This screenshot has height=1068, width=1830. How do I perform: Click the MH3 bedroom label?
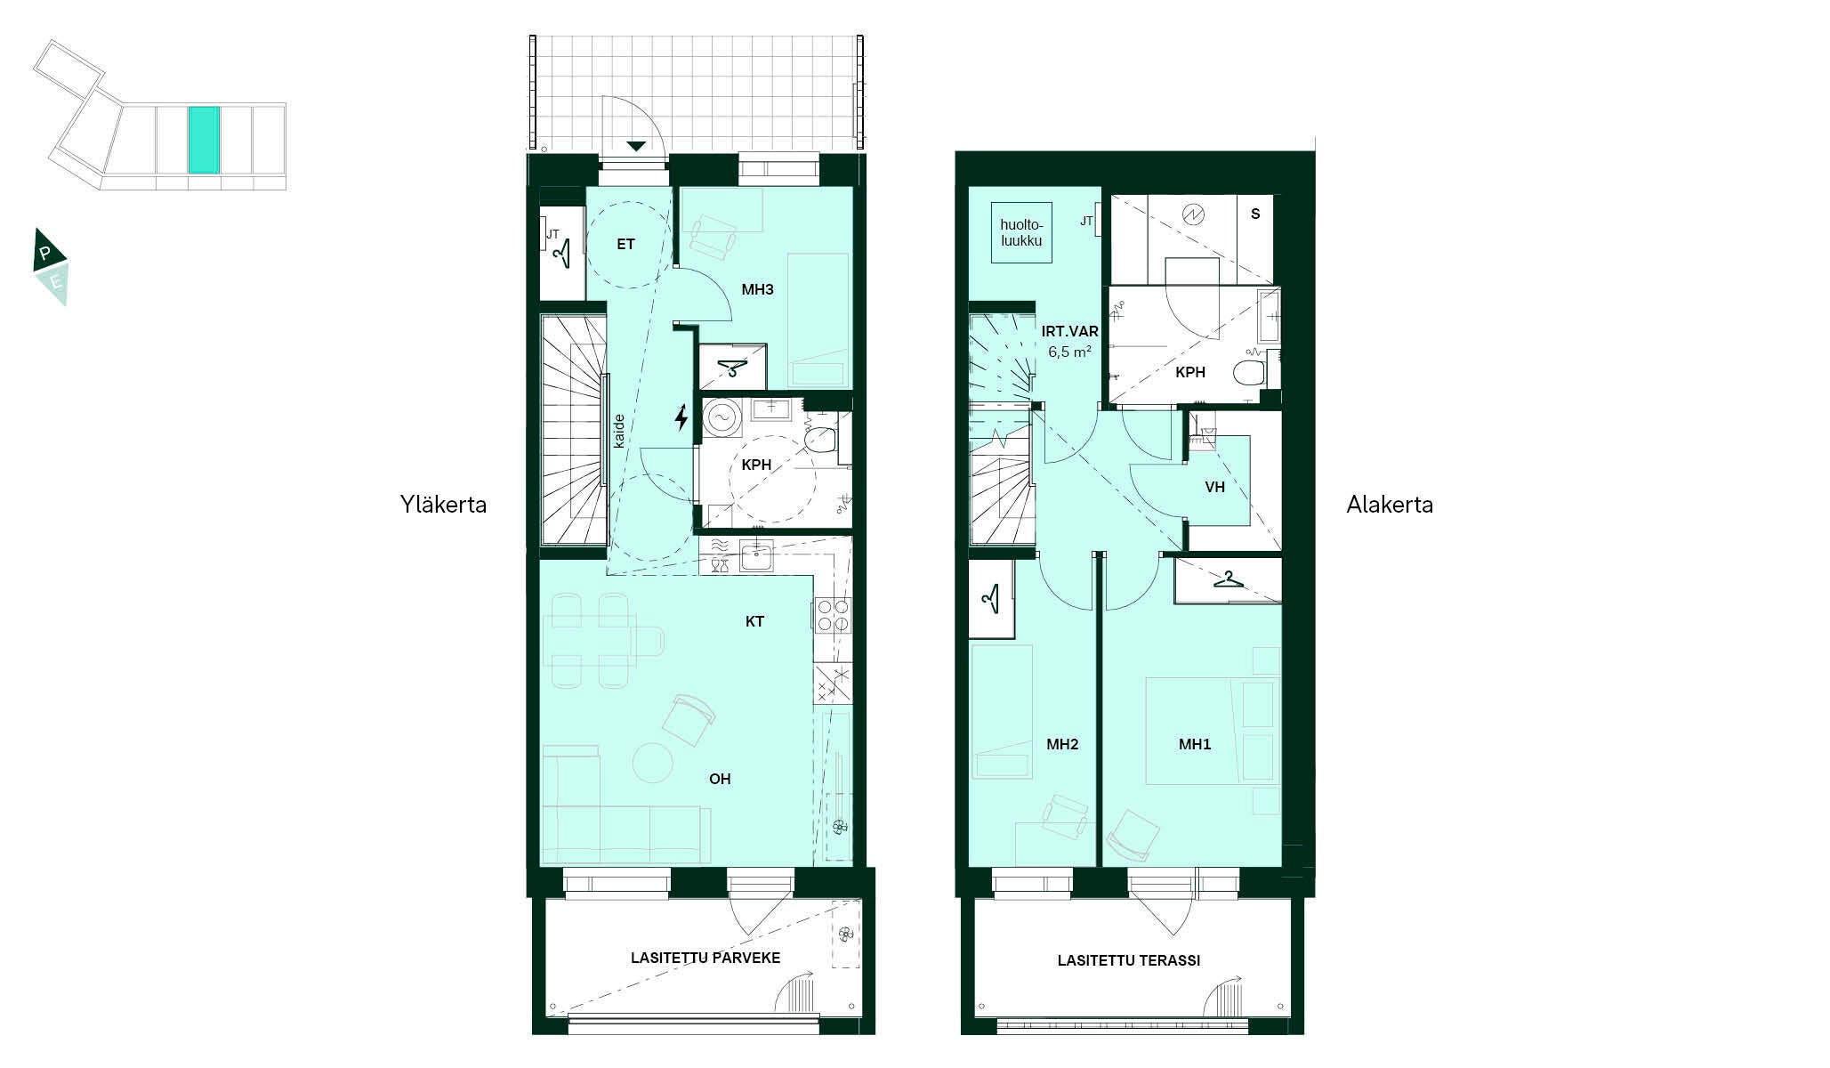click(758, 289)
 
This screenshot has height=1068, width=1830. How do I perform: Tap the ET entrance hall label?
click(625, 244)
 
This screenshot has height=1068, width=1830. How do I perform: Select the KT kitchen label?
click(754, 621)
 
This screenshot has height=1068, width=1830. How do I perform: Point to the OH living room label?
click(720, 779)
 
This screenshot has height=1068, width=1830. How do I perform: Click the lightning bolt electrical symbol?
click(681, 417)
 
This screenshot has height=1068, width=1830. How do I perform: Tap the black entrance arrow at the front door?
click(635, 146)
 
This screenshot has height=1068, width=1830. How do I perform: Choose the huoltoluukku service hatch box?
click(1021, 232)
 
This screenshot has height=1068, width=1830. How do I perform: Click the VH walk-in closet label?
click(1214, 487)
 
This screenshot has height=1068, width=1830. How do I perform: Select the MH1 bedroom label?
click(1195, 744)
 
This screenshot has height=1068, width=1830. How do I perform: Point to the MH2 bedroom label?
click(1062, 744)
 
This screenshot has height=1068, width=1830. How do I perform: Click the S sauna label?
click(1255, 214)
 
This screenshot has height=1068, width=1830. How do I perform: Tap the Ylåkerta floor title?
click(443, 505)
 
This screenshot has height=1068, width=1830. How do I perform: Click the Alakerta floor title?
click(1390, 505)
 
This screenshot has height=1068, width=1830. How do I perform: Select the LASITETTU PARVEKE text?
click(705, 958)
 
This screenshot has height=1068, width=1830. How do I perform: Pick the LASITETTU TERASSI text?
click(1129, 960)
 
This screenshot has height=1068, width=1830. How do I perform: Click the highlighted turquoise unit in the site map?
click(204, 140)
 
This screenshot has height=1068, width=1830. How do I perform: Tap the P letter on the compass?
click(45, 252)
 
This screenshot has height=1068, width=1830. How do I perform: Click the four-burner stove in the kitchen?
click(832, 615)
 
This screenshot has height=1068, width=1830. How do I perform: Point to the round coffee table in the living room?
click(654, 763)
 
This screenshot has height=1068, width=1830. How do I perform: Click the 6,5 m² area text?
click(1069, 352)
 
